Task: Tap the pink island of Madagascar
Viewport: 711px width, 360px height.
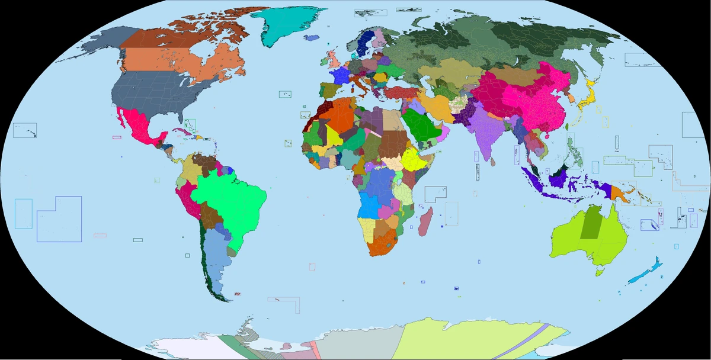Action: (424, 226)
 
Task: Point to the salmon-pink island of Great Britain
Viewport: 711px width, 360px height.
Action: (334, 59)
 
